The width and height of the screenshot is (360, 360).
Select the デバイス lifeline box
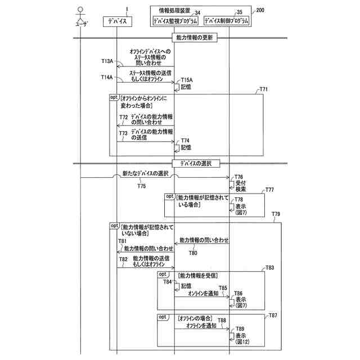[118, 21]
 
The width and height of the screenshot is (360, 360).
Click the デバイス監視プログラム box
[175, 21]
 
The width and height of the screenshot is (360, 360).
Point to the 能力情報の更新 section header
[193, 38]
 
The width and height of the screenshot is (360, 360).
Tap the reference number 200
[259, 10]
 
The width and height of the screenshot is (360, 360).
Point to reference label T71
[263, 89]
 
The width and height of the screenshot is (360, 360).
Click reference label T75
[141, 185]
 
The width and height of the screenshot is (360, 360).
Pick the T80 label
[193, 253]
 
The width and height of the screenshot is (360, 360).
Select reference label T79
[276, 214]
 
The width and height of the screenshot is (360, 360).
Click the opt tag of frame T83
[163, 274]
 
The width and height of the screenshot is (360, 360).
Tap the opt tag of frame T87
[163, 317]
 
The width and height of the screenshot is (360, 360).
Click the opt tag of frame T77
[169, 197]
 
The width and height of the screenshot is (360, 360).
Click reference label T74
[185, 141]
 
